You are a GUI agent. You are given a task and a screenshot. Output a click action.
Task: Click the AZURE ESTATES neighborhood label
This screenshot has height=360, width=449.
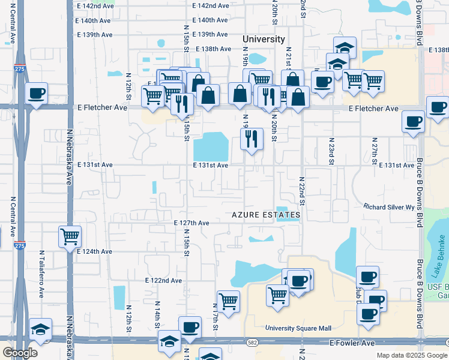click(267, 215)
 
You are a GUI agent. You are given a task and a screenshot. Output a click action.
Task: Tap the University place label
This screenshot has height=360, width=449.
click(264, 39)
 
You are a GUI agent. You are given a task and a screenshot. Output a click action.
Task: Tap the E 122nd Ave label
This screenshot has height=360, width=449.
click(163, 280)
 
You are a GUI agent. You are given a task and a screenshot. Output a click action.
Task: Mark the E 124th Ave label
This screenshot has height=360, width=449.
click(95, 251)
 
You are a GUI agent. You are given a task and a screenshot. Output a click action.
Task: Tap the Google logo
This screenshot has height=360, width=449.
click(20, 353)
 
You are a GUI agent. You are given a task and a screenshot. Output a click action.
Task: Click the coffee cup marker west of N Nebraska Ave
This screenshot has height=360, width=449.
click(36, 94)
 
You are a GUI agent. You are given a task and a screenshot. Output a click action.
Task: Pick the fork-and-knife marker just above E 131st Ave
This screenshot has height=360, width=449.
click(252, 139)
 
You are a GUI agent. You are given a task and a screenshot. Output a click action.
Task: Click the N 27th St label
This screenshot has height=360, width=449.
click(373, 154)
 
